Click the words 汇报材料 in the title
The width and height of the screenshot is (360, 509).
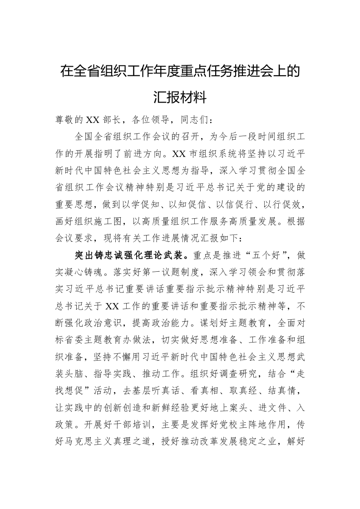pyautogui.click(x=180, y=97)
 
